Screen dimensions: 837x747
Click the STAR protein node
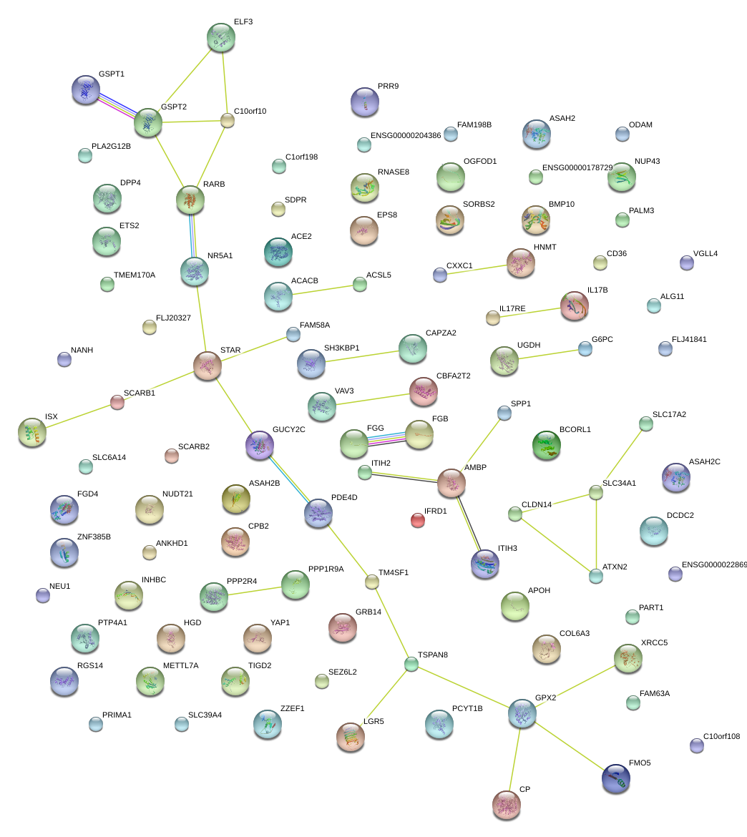[207, 366]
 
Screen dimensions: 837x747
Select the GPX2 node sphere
[522, 714]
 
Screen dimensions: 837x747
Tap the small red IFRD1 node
[418, 520]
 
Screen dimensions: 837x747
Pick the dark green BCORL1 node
[547, 444]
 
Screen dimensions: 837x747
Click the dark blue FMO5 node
[616, 778]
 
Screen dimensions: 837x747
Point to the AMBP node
[451, 484]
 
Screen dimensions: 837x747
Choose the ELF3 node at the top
[220, 37]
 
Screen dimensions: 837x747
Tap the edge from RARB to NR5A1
[192, 236]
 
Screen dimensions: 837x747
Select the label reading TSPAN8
[433, 655]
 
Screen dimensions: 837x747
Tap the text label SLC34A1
[619, 483]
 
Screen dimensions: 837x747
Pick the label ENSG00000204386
[406, 135]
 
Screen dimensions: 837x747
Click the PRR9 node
[365, 102]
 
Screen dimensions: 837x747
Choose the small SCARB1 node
[117, 403]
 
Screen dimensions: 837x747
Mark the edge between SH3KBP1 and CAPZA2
[361, 356]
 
